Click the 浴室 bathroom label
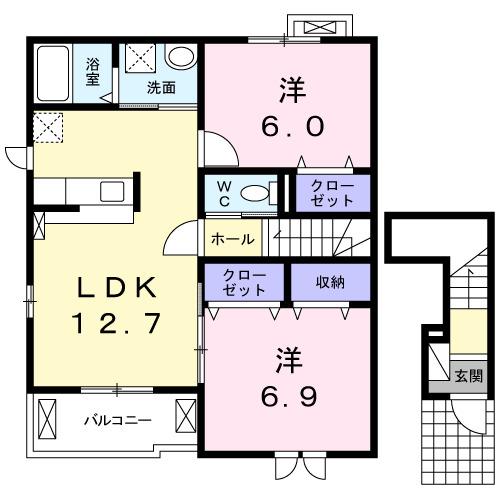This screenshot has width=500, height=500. pos(93,70)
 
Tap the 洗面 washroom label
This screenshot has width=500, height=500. pos(161,87)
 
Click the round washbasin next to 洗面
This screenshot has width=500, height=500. pos(181,57)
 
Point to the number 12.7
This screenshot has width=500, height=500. pos(118,324)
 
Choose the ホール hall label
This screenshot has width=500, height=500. pos(232,240)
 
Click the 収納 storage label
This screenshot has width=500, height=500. pos(330,282)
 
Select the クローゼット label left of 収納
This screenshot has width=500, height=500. pos(245,282)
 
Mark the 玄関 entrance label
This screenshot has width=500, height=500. pos(468,377)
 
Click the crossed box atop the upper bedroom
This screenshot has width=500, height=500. pos(318,27)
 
